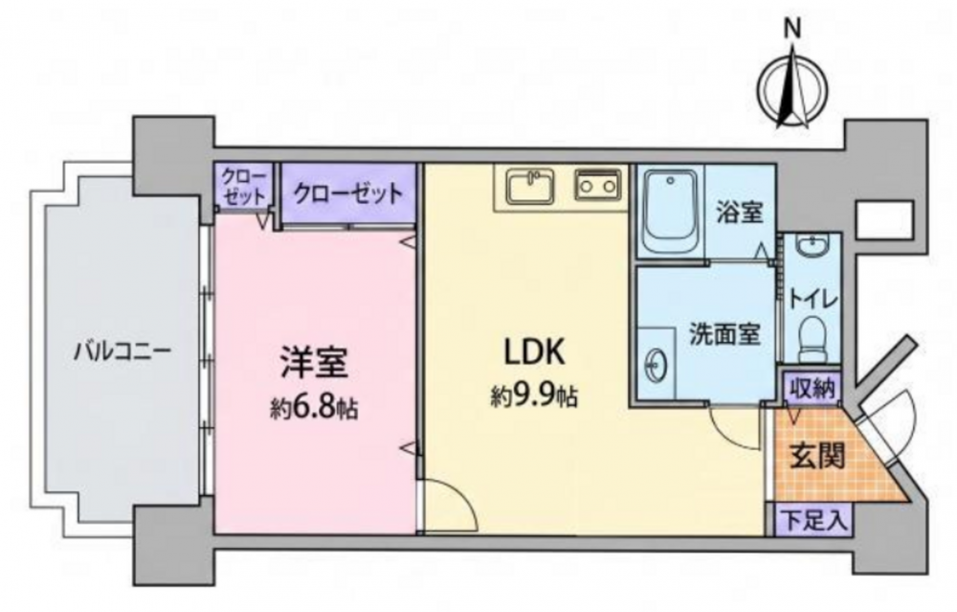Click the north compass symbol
click(x=792, y=90)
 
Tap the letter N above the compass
click(x=792, y=29)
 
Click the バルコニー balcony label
click(x=122, y=351)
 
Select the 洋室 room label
click(x=314, y=363)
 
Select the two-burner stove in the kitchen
click(x=597, y=185)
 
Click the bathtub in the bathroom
click(x=671, y=212)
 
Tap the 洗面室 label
click(x=725, y=334)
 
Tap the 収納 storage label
click(x=812, y=389)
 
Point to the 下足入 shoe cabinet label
click(x=813, y=521)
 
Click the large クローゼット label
click(x=348, y=193)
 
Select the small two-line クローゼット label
click(x=244, y=187)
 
